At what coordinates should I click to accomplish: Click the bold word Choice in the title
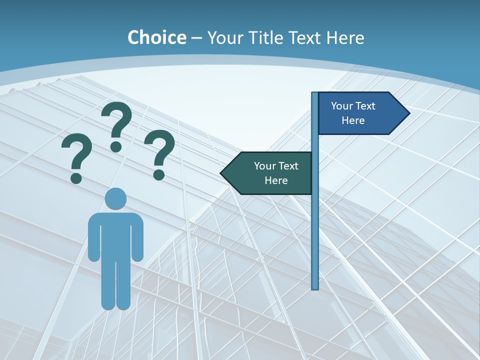pyautogui.click(x=156, y=37)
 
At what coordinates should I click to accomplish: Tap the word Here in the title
pyautogui.click(x=345, y=37)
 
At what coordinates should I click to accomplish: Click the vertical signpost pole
pyautogui.click(x=315, y=225)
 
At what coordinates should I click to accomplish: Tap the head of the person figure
pyautogui.click(x=115, y=199)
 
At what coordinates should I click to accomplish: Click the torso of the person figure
pyautogui.click(x=115, y=235)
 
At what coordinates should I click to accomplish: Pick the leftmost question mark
pyautogui.click(x=76, y=155)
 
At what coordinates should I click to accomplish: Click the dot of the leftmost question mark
pyautogui.click(x=76, y=178)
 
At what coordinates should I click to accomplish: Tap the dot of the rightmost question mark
pyautogui.click(x=159, y=174)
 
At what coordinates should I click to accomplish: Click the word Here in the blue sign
pyautogui.click(x=353, y=120)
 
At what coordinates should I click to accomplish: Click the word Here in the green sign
pyautogui.click(x=276, y=180)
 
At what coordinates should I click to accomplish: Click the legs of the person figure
pyautogui.click(x=115, y=285)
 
